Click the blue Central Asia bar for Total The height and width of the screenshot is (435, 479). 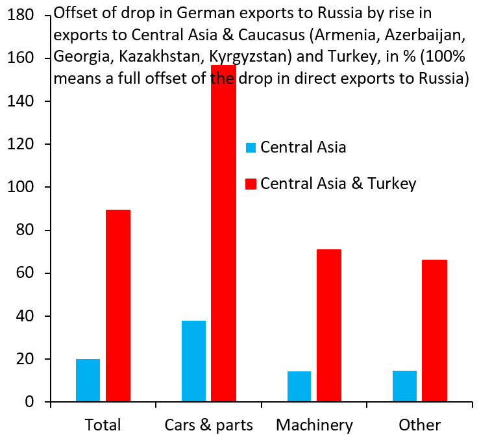(88, 380)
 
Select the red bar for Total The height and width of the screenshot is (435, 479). (118, 306)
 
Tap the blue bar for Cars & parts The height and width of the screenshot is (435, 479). (193, 361)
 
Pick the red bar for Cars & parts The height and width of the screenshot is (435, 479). (224, 234)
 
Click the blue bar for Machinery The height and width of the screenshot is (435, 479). (299, 386)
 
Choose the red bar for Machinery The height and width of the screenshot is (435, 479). (329, 325)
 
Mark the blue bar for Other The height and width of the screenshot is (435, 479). (404, 386)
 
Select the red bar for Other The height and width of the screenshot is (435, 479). (435, 330)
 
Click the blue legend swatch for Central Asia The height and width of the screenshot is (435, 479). (251, 147)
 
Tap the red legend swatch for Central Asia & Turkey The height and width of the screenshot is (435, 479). (251, 184)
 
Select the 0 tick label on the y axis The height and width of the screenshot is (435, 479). (30, 403)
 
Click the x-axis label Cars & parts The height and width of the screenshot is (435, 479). (208, 425)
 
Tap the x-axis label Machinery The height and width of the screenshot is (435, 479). (314, 425)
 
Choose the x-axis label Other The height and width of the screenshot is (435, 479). (419, 425)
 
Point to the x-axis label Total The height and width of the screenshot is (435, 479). (103, 425)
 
